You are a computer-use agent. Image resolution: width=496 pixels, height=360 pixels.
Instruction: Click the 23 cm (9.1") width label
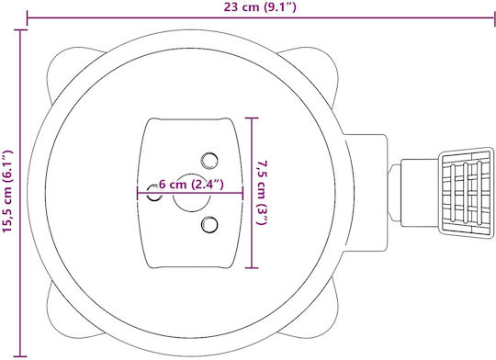point(260,7)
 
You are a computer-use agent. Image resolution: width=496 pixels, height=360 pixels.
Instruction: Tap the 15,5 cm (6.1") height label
point(7,191)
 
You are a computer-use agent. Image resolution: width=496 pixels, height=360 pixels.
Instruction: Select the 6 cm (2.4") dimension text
point(191,184)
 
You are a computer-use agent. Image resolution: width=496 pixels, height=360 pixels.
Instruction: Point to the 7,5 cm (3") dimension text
point(262,193)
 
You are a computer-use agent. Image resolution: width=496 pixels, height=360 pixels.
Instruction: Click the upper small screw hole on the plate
point(209,161)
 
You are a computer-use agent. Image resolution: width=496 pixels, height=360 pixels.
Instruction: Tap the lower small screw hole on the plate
point(209,225)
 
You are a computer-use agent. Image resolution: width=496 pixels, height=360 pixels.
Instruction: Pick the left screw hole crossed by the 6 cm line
point(154,193)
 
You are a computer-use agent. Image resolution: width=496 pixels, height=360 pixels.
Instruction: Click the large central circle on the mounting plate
point(191,193)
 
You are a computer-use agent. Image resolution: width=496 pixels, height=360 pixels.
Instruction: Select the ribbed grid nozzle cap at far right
point(466,192)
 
